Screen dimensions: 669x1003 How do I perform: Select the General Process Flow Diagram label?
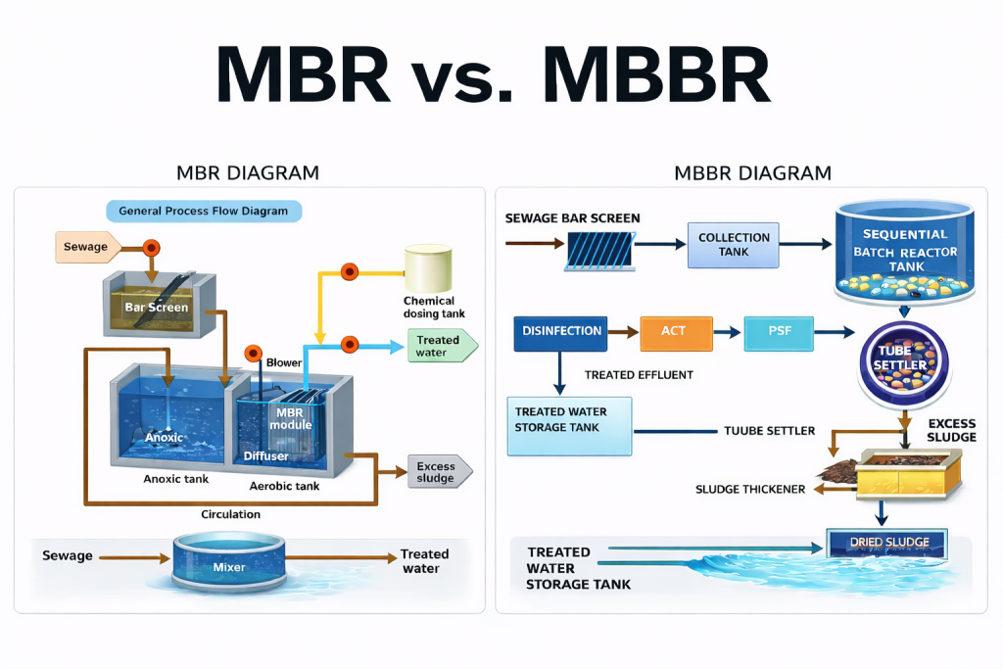(x=204, y=211)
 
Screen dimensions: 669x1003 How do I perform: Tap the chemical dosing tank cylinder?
(x=428, y=267)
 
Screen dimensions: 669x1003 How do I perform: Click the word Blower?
(x=284, y=362)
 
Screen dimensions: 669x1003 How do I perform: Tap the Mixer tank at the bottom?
(x=228, y=562)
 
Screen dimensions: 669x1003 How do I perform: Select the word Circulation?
(x=231, y=513)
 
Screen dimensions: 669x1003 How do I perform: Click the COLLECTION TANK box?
(x=734, y=245)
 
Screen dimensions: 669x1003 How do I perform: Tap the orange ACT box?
(x=675, y=332)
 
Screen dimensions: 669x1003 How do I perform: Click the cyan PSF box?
(x=779, y=332)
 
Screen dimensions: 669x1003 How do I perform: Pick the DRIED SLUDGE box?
(x=885, y=543)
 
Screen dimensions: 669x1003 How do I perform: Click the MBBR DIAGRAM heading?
(x=752, y=173)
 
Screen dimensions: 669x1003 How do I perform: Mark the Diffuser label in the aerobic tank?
(x=264, y=456)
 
